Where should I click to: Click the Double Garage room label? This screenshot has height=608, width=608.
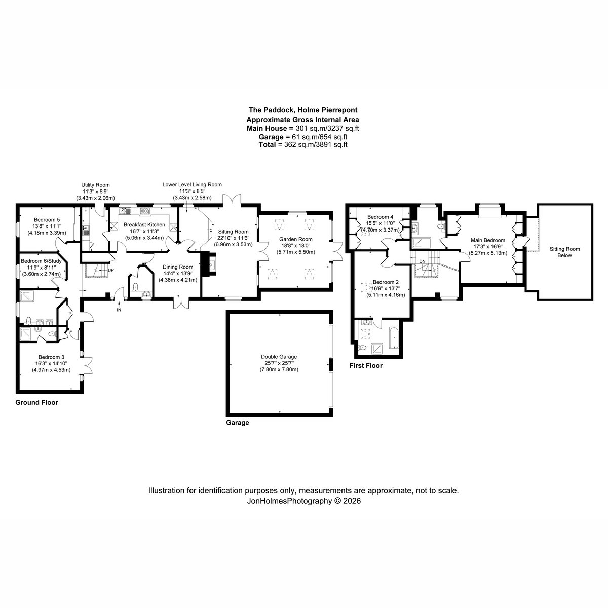(279, 357)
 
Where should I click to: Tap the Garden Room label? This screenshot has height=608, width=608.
(295, 239)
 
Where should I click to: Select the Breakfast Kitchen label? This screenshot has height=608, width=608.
(144, 224)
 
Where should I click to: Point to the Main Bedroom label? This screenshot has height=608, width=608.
(488, 240)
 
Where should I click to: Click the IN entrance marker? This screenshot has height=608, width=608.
(119, 310)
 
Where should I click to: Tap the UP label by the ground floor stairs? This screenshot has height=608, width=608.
(111, 270)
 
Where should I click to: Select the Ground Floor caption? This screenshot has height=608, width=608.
(36, 402)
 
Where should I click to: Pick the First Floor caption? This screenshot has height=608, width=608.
(366, 365)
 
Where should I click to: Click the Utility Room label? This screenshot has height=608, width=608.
(95, 185)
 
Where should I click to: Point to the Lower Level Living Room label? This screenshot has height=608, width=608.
(192, 184)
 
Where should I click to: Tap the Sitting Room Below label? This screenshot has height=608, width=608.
(564, 252)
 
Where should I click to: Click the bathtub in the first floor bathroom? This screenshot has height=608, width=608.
(394, 337)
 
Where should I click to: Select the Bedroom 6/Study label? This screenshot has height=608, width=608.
(41, 261)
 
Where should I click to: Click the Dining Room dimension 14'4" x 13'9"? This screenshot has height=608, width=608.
(178, 273)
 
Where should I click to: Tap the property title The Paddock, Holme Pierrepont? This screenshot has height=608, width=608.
(303, 110)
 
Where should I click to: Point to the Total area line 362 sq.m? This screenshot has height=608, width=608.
(303, 144)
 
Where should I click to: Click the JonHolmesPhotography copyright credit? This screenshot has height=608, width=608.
(303, 501)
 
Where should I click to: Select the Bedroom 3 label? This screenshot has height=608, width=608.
(51, 357)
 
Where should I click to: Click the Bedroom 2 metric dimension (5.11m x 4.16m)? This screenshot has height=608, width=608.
(386, 295)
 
